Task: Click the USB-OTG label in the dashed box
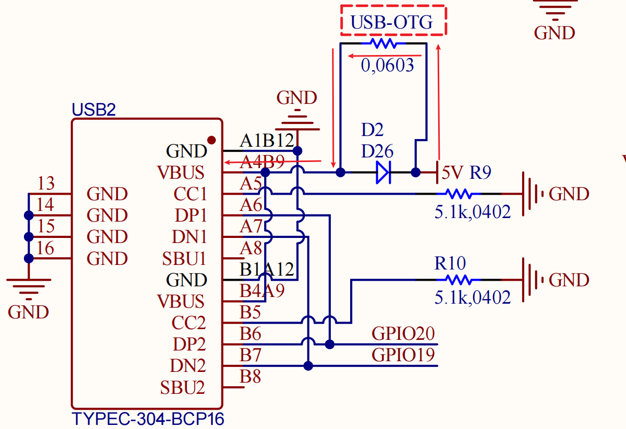pos(392,22)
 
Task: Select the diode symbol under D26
pos(383,172)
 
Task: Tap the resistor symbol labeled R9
pos(459,194)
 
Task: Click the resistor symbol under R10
pos(459,280)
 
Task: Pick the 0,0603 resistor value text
pos(387,65)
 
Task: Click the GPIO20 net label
pos(403,334)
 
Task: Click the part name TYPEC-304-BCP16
pos(148,419)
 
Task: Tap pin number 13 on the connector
pos(46,183)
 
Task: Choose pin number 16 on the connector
pos(46,248)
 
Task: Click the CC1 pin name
pos(190,195)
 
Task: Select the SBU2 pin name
pos(183,388)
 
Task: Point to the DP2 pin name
pos(189,344)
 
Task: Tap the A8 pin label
pos(251,248)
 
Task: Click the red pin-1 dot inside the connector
pos(211,140)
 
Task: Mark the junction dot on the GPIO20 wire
pos(329,344)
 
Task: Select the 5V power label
pos(452,173)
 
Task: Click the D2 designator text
pos(372,130)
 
